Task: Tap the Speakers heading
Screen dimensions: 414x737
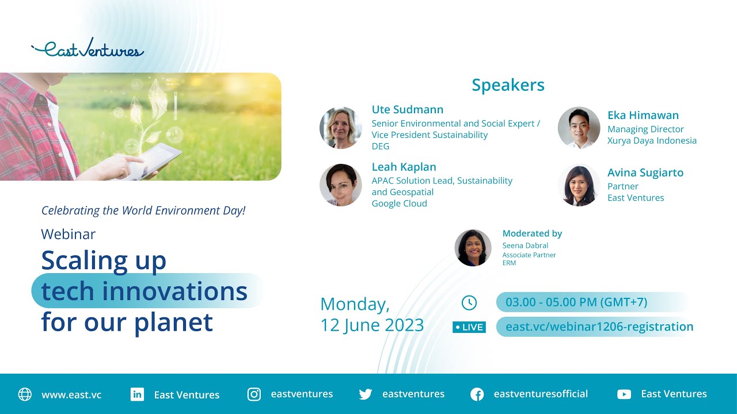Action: coord(508,85)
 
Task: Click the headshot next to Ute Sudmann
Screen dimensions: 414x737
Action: coord(341,128)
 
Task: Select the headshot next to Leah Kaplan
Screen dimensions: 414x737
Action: coord(341,185)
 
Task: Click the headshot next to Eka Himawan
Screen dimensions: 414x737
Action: coord(579,128)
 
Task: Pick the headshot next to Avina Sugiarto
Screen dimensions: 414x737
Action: coord(579,185)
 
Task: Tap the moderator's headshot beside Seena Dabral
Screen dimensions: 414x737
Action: coord(473,248)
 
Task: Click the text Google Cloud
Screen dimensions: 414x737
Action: coord(399,204)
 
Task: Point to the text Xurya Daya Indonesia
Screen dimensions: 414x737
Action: coord(652,140)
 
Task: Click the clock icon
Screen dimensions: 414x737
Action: coord(469,302)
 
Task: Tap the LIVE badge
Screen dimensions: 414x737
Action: coord(469,327)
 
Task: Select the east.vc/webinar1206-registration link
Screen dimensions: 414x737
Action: coord(599,327)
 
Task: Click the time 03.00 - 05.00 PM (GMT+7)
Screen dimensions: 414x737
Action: coord(576,302)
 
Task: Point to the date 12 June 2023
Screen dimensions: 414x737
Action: coord(372,325)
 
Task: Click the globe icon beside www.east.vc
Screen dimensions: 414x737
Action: coord(25,394)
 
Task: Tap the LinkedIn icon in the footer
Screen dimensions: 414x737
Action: coord(137,394)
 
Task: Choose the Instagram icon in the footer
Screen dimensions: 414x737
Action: coord(254,394)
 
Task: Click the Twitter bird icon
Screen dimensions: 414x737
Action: coord(365,394)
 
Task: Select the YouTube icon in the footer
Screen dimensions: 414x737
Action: coord(624,394)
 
